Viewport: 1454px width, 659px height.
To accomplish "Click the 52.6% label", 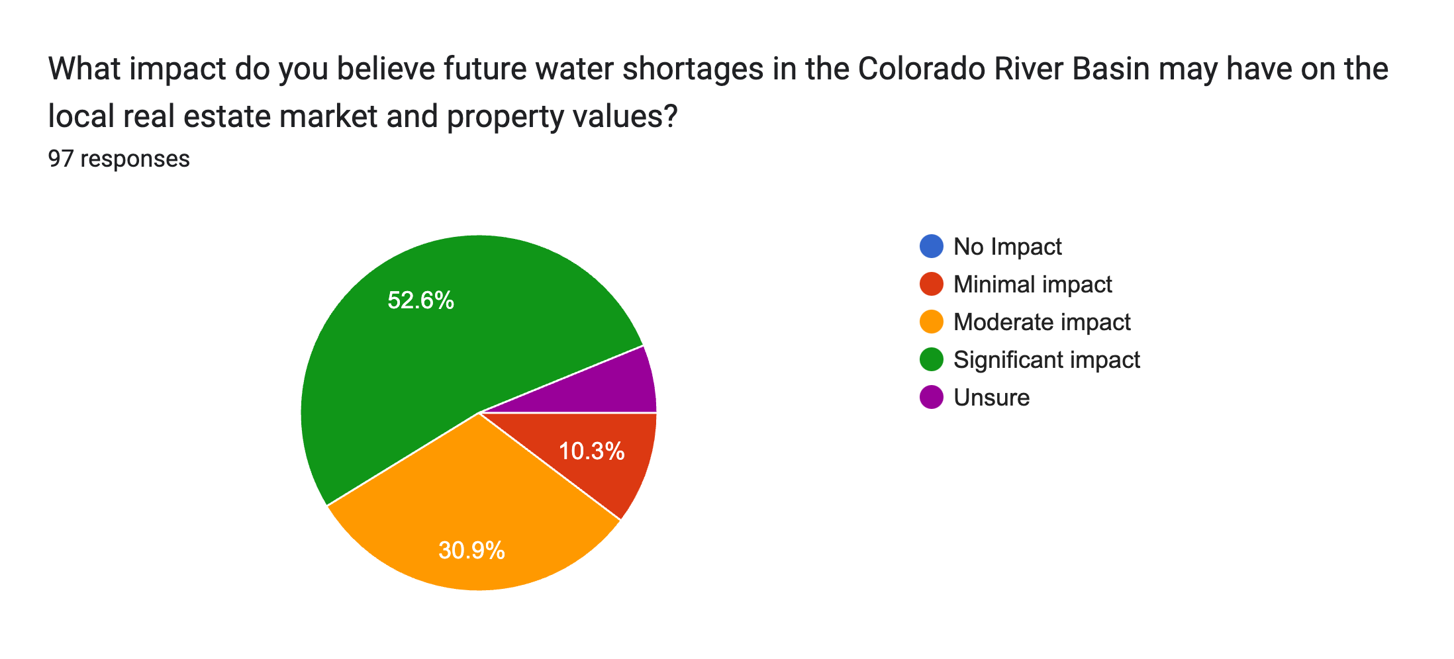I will [420, 301].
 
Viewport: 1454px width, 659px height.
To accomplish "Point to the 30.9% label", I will [471, 550].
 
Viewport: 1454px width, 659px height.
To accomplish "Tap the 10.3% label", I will [591, 451].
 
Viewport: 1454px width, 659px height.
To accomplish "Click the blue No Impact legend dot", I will [931, 246].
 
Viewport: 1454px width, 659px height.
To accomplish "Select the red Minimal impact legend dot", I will [931, 284].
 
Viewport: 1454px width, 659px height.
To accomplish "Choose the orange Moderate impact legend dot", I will [931, 322].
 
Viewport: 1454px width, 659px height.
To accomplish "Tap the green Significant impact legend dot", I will [931, 359].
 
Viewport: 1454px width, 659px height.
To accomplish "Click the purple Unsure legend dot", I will [931, 397].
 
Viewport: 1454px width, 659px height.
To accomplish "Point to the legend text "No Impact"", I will [1007, 247].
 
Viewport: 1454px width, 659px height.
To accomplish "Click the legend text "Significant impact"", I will [1046, 360].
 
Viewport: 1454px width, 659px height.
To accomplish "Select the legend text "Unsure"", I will [991, 398].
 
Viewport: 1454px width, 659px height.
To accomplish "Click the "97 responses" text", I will [119, 159].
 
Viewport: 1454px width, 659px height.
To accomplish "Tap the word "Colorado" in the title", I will [930, 69].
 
